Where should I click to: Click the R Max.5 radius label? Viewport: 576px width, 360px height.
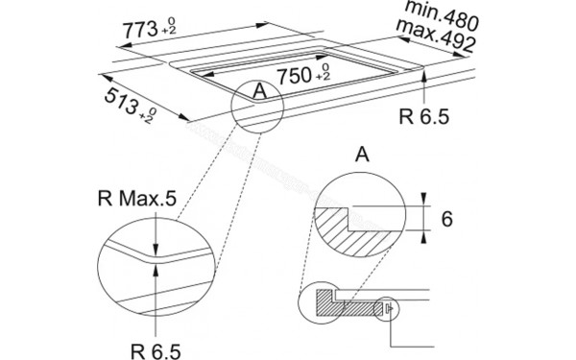137,200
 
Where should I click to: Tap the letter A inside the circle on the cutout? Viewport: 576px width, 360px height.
256,92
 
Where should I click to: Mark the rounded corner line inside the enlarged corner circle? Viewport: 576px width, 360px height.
154,254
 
